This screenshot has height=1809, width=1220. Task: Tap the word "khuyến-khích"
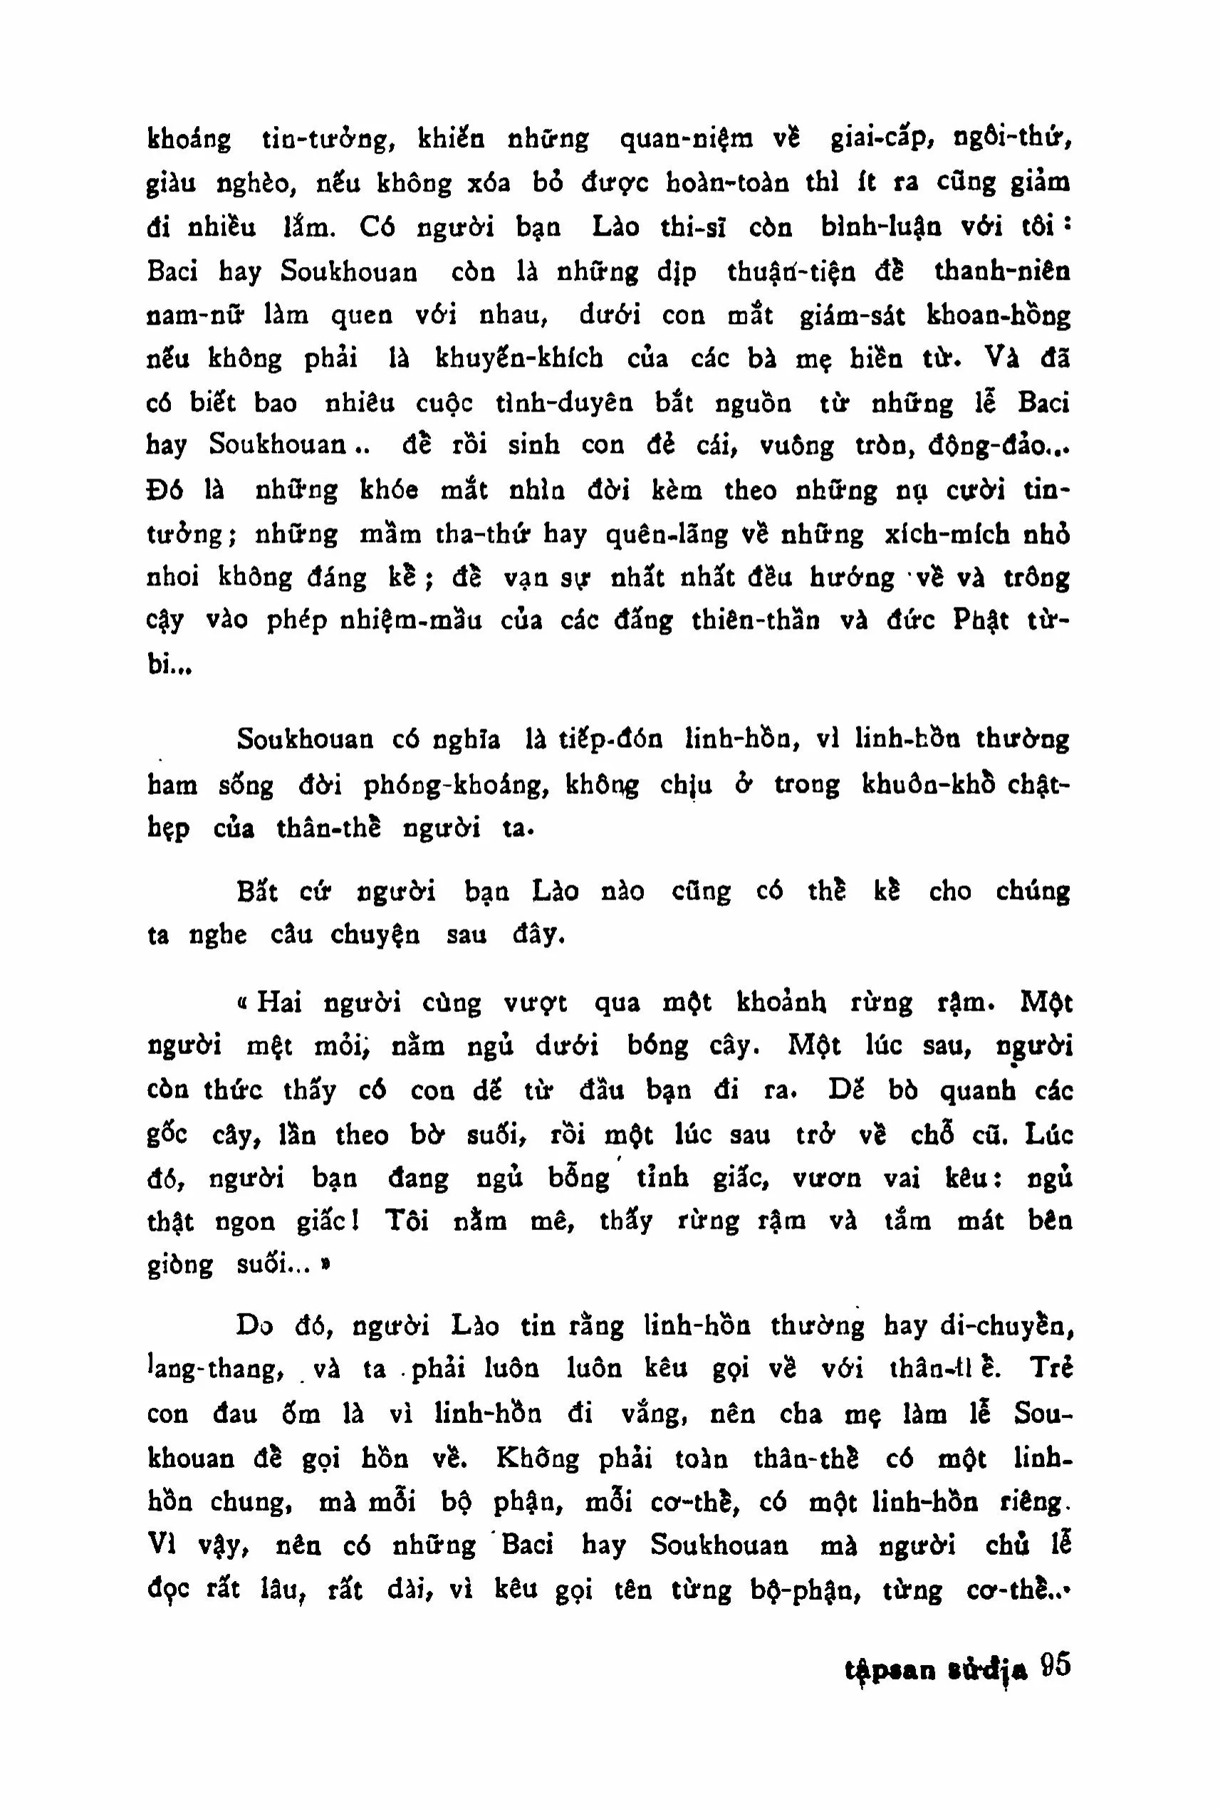pos(519,359)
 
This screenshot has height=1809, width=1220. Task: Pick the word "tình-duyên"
pos(564,403)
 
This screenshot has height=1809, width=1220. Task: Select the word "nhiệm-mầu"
pos(411,621)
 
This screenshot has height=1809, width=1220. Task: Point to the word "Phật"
pos(981,621)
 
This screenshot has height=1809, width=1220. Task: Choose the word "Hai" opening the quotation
pos(278,1003)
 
